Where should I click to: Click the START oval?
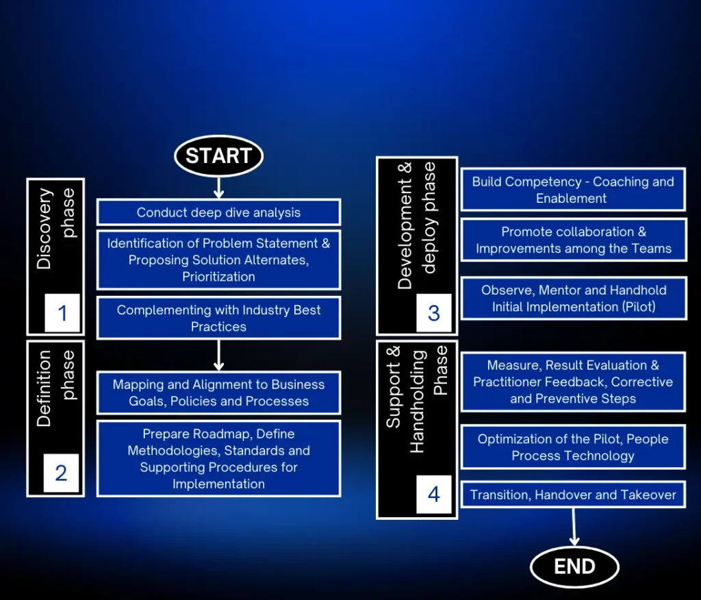click(x=218, y=155)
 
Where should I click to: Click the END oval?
click(x=574, y=567)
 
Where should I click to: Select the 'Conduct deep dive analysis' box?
click(x=218, y=212)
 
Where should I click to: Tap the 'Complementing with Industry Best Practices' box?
click(x=218, y=318)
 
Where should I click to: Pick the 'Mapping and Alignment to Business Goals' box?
click(x=218, y=393)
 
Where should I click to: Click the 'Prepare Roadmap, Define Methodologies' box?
click(x=218, y=459)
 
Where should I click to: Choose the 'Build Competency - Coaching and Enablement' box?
click(x=573, y=190)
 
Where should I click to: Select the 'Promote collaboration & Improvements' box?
click(x=574, y=240)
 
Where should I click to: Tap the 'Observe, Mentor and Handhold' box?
click(x=574, y=299)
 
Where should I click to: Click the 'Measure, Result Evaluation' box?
click(x=573, y=382)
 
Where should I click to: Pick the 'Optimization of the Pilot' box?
click(x=573, y=447)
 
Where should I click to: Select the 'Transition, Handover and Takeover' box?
click(x=573, y=495)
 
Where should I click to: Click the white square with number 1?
click(x=62, y=313)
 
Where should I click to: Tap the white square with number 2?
click(x=61, y=473)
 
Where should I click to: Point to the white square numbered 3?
click(x=433, y=313)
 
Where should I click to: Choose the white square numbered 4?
click(x=433, y=495)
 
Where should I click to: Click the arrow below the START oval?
click(x=218, y=188)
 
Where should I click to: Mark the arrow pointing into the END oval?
click(x=574, y=527)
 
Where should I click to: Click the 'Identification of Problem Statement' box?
click(x=218, y=260)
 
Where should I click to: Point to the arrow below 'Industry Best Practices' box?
click(x=218, y=355)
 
